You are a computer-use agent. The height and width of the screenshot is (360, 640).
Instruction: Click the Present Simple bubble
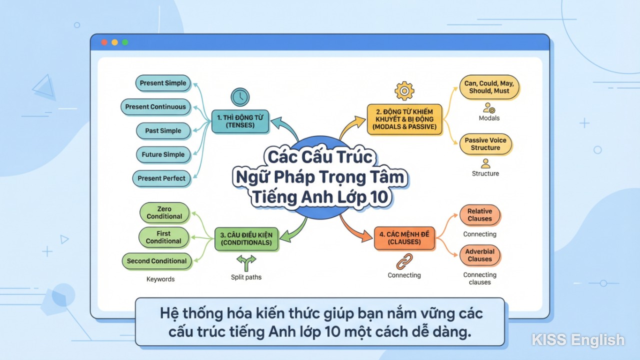click(163, 83)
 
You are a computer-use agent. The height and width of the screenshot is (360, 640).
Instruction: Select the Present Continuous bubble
click(155, 106)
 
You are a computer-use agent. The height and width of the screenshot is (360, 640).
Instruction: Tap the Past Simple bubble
click(163, 130)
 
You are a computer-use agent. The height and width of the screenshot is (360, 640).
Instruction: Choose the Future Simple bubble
click(163, 154)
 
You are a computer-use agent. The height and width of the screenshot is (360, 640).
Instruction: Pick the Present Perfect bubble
click(161, 178)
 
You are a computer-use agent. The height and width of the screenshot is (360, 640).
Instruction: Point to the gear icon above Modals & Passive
click(404, 91)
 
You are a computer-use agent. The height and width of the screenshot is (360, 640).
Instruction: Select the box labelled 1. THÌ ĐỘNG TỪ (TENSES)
click(240, 121)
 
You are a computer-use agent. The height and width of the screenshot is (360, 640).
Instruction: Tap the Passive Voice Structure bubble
click(485, 144)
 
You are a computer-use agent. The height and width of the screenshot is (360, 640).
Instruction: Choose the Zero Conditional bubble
click(164, 213)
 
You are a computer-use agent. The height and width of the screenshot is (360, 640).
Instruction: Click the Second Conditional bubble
click(156, 261)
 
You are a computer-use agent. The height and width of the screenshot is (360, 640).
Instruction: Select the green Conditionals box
click(246, 239)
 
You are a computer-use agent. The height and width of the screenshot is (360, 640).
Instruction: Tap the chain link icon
click(404, 261)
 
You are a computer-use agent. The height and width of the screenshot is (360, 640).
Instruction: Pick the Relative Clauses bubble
click(480, 215)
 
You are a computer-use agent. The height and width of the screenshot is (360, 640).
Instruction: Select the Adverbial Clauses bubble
click(480, 255)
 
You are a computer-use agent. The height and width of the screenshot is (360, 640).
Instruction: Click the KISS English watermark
click(578, 340)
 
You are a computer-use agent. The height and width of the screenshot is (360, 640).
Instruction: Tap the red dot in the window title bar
click(104, 42)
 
